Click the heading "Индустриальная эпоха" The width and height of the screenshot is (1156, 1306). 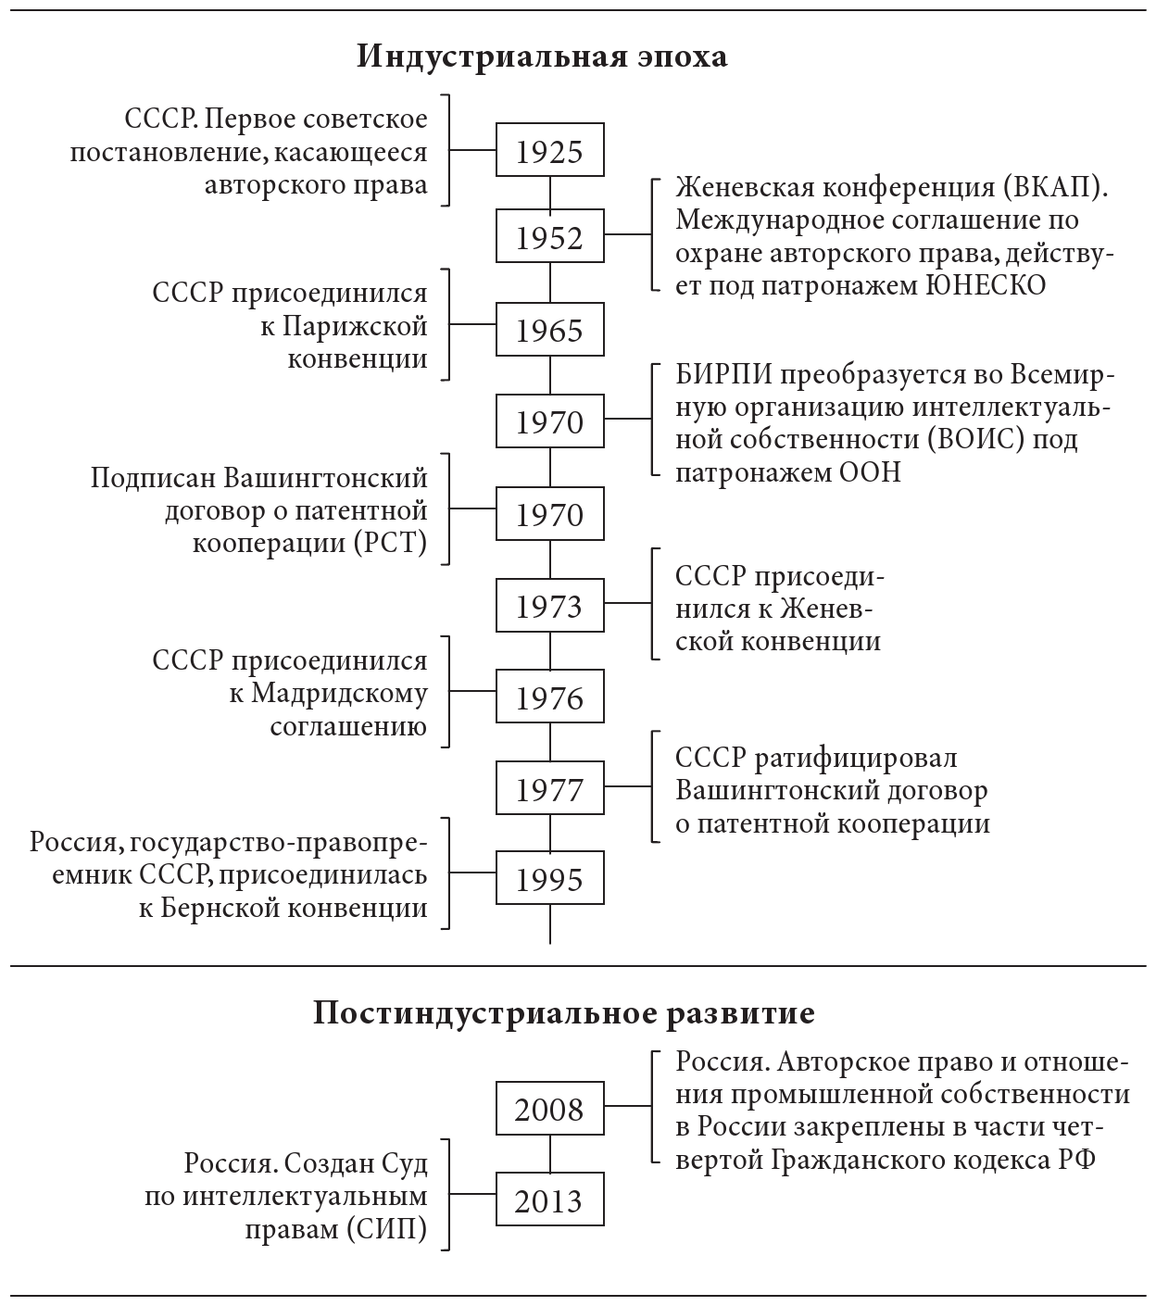(x=542, y=57)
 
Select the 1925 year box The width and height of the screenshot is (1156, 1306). (x=550, y=150)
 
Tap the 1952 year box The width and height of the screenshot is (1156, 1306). (x=550, y=238)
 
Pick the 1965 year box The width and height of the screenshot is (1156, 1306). (x=550, y=330)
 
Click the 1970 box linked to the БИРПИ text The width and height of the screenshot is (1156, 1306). (x=550, y=421)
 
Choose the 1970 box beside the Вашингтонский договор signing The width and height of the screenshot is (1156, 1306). (x=550, y=514)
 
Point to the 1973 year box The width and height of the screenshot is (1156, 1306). (x=550, y=606)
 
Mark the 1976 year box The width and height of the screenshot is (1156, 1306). (x=550, y=697)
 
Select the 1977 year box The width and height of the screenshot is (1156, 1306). (x=550, y=789)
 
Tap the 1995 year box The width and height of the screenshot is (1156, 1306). (x=550, y=879)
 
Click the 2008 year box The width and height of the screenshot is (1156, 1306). (x=550, y=1108)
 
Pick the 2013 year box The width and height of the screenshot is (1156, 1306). (x=550, y=1200)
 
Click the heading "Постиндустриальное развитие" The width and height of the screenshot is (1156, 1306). (x=563, y=1013)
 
